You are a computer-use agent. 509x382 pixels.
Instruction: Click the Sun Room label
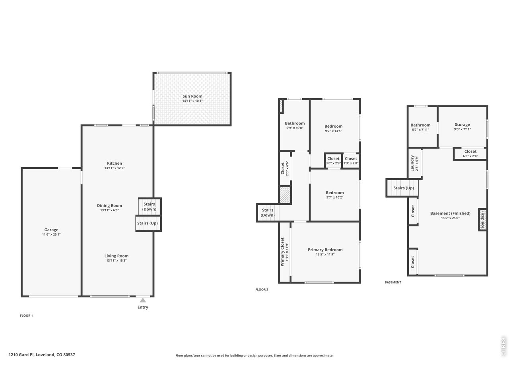pos(192,96)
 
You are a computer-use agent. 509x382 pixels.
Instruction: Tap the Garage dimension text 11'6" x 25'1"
pos(51,234)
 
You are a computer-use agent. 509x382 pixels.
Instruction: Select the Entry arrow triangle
pos(143,300)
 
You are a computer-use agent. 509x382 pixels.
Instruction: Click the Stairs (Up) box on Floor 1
pos(148,224)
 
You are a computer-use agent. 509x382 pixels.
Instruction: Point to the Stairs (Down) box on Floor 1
pos(150,207)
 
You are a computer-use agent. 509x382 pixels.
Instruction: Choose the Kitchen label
pos(114,163)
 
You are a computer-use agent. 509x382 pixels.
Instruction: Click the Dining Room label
pos(109,205)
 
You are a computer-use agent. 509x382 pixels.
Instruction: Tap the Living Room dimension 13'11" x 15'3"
pos(117,261)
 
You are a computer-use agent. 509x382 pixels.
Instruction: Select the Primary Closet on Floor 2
pos(285,252)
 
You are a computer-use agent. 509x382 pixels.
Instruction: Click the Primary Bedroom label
pos(325,249)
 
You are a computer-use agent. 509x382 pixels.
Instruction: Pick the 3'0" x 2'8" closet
pos(333,160)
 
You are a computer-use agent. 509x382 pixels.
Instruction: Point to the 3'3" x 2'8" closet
pos(351,160)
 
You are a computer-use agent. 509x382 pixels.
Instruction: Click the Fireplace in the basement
pos(483,219)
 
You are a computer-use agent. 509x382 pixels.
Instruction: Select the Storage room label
pos(462,125)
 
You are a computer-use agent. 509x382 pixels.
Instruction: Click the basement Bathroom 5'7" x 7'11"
pos(422,127)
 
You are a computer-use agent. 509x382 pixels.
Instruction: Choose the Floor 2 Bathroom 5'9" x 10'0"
pos(295,125)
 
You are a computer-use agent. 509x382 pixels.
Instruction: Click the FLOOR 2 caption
pos(262,289)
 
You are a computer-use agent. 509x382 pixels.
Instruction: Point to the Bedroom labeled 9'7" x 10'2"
pos(334,195)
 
